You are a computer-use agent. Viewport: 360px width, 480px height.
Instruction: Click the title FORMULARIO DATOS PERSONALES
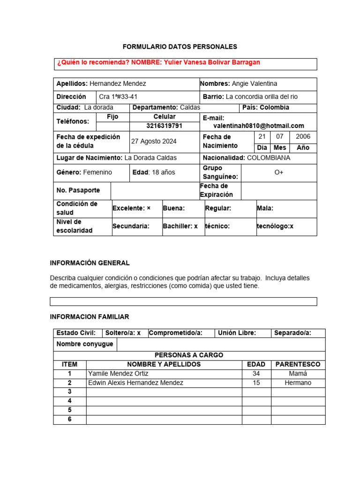pos(180,47)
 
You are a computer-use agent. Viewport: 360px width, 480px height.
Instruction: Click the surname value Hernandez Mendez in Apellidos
pos(118,83)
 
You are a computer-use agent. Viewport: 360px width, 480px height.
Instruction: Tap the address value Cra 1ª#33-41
pos(118,97)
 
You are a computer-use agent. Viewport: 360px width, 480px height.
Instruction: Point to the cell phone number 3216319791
pos(164,126)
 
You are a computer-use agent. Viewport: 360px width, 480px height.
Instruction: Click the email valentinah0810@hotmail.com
pos(259,126)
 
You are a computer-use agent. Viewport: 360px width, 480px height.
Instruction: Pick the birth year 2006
pos(303,136)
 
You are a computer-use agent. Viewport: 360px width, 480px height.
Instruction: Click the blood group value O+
pos(279,172)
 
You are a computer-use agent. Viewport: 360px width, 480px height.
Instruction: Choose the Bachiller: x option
pos(180,226)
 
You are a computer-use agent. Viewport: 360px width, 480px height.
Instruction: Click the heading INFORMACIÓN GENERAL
pos(90,263)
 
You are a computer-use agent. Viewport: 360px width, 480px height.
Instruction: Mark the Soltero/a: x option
pos(123,333)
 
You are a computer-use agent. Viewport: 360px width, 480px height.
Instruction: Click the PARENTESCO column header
pos(298,364)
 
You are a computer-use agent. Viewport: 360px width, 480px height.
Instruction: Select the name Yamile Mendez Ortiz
pos(117,374)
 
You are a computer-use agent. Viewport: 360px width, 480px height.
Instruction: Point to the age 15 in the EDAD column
pos(256,383)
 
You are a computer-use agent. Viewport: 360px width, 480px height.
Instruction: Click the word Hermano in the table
pos(298,383)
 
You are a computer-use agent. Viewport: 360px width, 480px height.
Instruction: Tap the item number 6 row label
pos(69,420)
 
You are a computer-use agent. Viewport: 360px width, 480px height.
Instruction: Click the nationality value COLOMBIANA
pos(269,158)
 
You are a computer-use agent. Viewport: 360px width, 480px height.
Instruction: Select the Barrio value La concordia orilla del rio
pos(262,97)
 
